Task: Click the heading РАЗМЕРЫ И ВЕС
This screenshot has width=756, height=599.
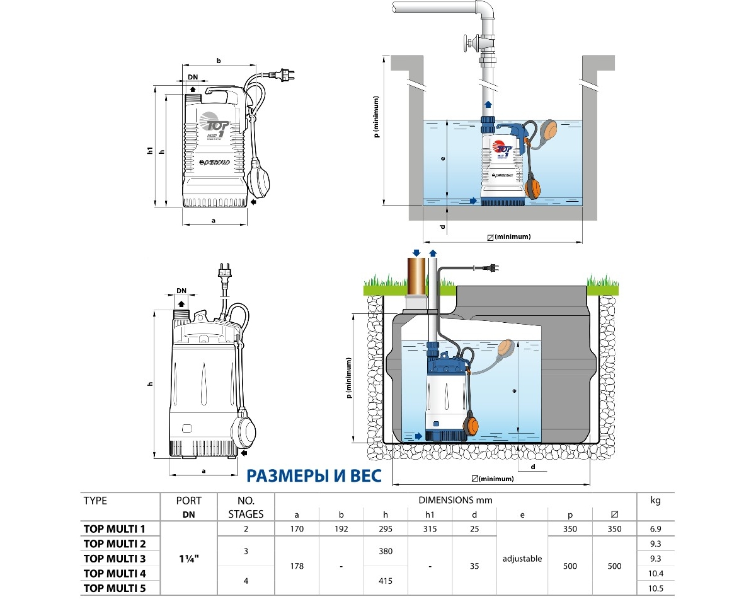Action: point(313,475)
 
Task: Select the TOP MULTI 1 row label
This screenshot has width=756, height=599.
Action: point(115,529)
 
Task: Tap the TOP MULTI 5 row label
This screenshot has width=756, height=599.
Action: point(115,588)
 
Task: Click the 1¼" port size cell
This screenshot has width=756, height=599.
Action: point(189,559)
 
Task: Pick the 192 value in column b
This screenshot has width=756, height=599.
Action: point(341,529)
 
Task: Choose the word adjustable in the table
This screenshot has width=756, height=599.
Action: point(522,559)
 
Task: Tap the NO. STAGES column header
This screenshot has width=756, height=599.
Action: point(246,507)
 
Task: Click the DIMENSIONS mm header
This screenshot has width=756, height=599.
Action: point(455,500)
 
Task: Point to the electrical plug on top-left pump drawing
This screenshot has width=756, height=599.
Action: point(281,75)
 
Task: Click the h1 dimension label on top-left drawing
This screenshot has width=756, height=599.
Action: point(151,151)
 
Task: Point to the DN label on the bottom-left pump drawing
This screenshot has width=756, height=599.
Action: point(181,291)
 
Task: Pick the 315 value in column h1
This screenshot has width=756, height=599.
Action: point(429,529)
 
